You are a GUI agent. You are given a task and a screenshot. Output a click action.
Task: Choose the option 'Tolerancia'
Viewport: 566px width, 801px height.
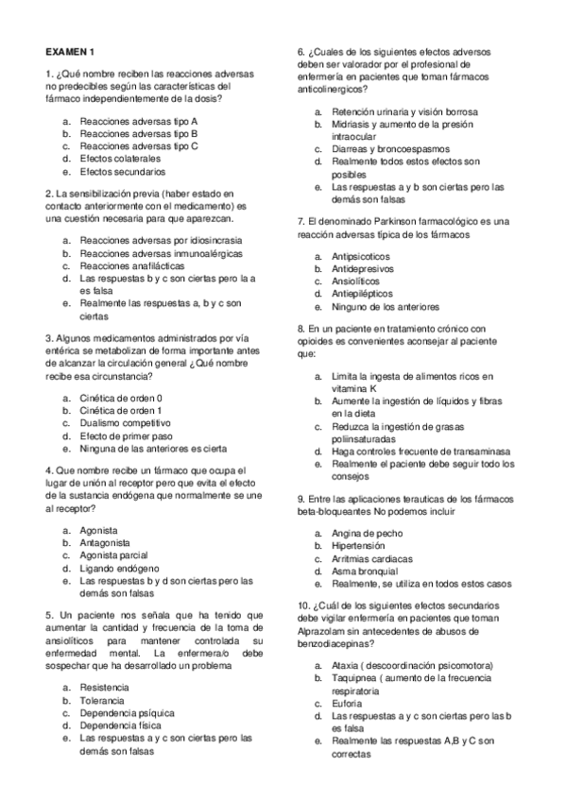point(102,701)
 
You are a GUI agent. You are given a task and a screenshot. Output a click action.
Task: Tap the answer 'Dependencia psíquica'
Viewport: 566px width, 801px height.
point(124,713)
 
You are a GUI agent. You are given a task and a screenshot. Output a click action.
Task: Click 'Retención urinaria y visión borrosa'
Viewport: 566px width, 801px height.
point(404,111)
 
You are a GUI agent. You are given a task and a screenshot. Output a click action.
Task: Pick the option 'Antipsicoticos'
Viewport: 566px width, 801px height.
point(361,257)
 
